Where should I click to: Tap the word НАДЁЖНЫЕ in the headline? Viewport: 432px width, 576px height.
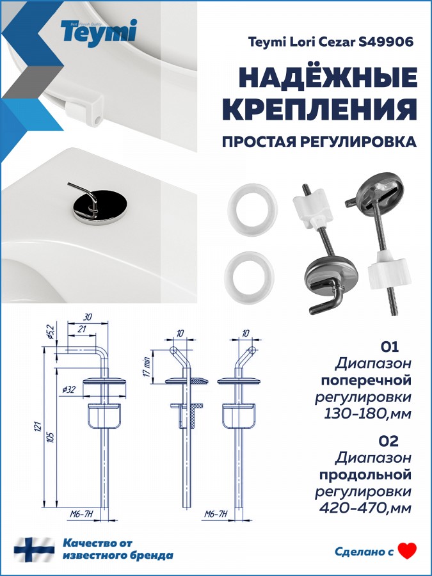coord(328,78)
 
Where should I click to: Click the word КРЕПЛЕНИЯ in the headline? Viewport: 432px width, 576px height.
coord(320,109)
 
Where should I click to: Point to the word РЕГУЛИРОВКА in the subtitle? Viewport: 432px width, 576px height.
coord(358,142)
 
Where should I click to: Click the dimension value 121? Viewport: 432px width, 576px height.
coord(38,426)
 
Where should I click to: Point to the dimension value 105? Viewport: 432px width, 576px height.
coord(51,436)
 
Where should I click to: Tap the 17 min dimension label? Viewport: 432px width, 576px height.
coord(147,367)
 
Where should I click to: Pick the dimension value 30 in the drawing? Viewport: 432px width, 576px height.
coord(88,316)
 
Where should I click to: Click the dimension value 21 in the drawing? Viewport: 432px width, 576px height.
coord(81,328)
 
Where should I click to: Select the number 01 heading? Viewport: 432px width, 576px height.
coord(389,346)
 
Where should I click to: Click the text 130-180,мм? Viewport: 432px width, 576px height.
coord(368,414)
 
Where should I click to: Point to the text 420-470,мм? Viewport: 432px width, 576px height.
coord(365,508)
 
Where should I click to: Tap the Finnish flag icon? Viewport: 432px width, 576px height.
coord(34,550)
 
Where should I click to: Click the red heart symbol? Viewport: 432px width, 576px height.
coord(408,550)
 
